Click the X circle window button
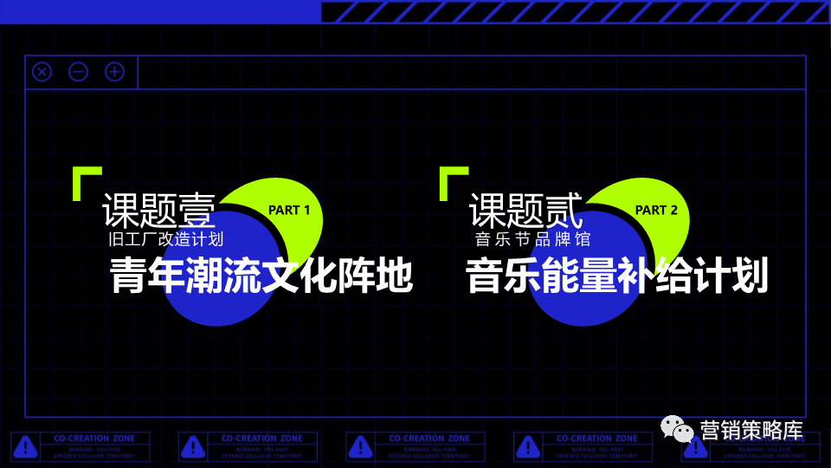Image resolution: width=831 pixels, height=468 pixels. (42, 72)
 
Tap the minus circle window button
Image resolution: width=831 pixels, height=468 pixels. (79, 72)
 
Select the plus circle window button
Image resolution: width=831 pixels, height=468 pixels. (114, 72)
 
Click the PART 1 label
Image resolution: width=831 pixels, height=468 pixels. (289, 210)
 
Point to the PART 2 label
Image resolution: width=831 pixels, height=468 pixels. (656, 210)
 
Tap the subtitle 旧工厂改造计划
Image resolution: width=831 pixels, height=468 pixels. (165, 239)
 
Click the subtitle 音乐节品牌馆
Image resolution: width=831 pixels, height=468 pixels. (532, 239)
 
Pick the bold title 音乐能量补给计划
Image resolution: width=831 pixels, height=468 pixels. (617, 277)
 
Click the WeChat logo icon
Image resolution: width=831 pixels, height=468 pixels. (678, 428)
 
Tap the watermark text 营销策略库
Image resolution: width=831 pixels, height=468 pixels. (751, 430)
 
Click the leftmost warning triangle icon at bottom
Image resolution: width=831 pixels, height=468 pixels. (27, 447)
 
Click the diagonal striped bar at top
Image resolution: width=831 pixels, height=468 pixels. (575, 12)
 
